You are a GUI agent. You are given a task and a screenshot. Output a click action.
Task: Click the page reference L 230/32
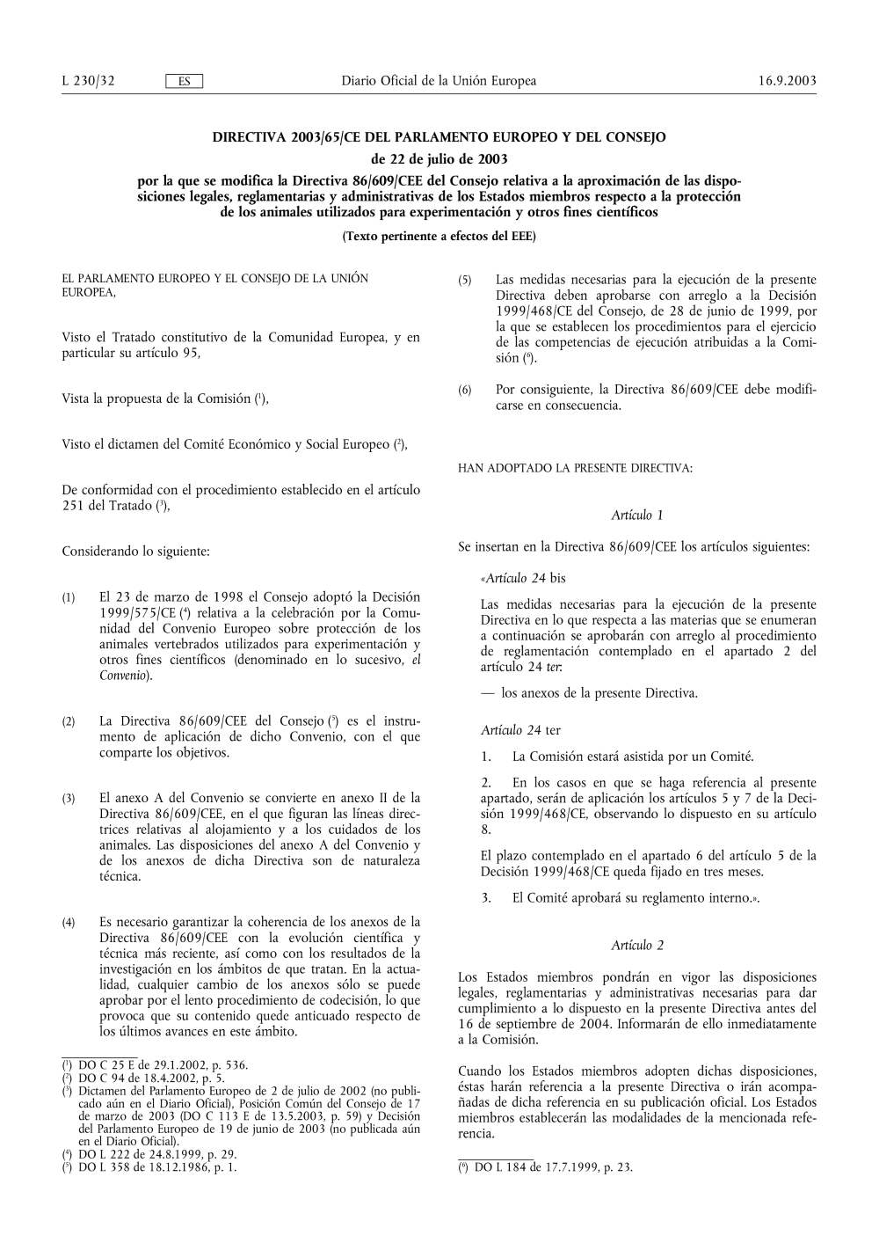89,82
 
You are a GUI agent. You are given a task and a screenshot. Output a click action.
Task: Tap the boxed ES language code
185,82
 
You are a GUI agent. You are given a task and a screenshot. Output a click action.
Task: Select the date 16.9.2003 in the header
787,82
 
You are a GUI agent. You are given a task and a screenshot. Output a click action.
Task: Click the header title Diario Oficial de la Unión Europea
439,82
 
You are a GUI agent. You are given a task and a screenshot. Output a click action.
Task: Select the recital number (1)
68,598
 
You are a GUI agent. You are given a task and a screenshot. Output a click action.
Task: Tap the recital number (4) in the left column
68,923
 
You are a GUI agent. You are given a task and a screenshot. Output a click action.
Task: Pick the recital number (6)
465,390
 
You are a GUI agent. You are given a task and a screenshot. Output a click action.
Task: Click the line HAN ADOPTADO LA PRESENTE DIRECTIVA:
576,469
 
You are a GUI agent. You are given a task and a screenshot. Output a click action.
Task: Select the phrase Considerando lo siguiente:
136,552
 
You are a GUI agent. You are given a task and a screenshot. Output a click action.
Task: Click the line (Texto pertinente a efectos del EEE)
439,237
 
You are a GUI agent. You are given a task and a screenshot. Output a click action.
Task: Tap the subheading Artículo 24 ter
520,730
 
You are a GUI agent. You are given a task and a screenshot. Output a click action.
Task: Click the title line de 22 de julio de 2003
439,159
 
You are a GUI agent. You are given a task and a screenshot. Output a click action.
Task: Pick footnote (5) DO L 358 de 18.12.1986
149,1167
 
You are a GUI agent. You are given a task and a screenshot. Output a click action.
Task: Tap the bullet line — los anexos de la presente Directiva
589,693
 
